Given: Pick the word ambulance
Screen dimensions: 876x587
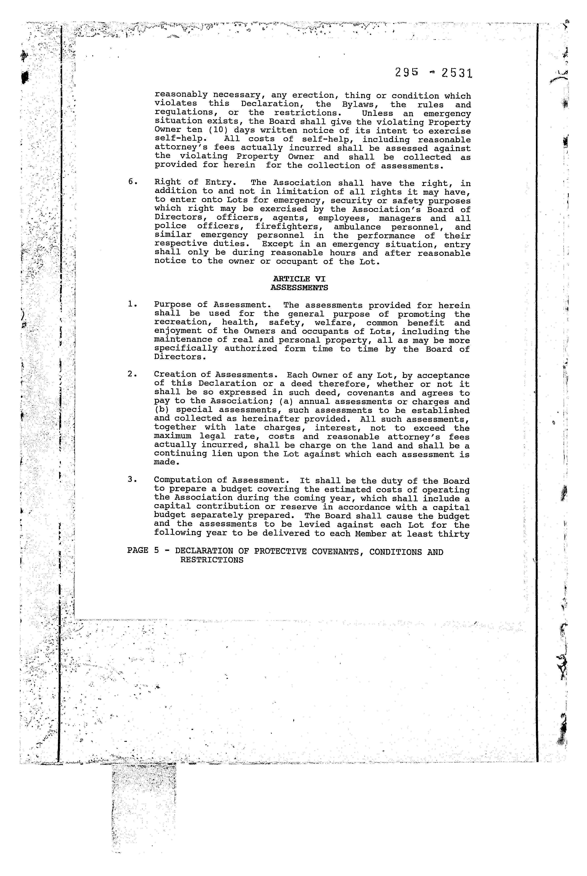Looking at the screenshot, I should [x=357, y=227].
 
